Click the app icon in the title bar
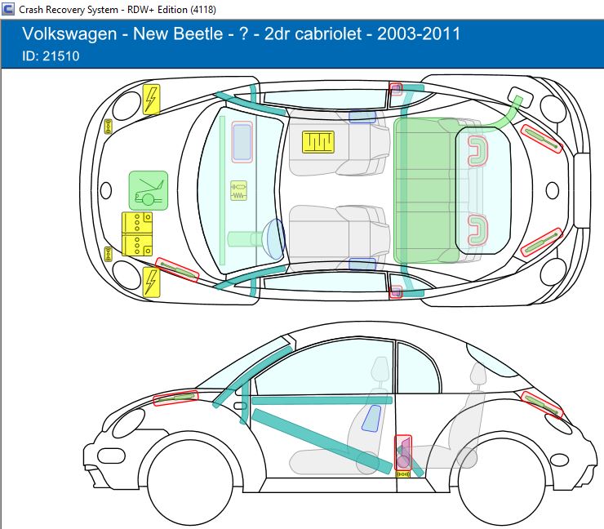pos(7,8)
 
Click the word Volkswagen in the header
pos(66,34)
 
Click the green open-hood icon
pos(148,190)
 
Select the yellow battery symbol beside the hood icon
pos(137,233)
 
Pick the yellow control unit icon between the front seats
pos(318,141)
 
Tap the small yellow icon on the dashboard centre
pos(238,191)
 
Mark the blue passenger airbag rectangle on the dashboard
pos(242,141)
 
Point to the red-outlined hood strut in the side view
pos(175,399)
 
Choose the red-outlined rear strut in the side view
pos(541,404)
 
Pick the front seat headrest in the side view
pos(380,369)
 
